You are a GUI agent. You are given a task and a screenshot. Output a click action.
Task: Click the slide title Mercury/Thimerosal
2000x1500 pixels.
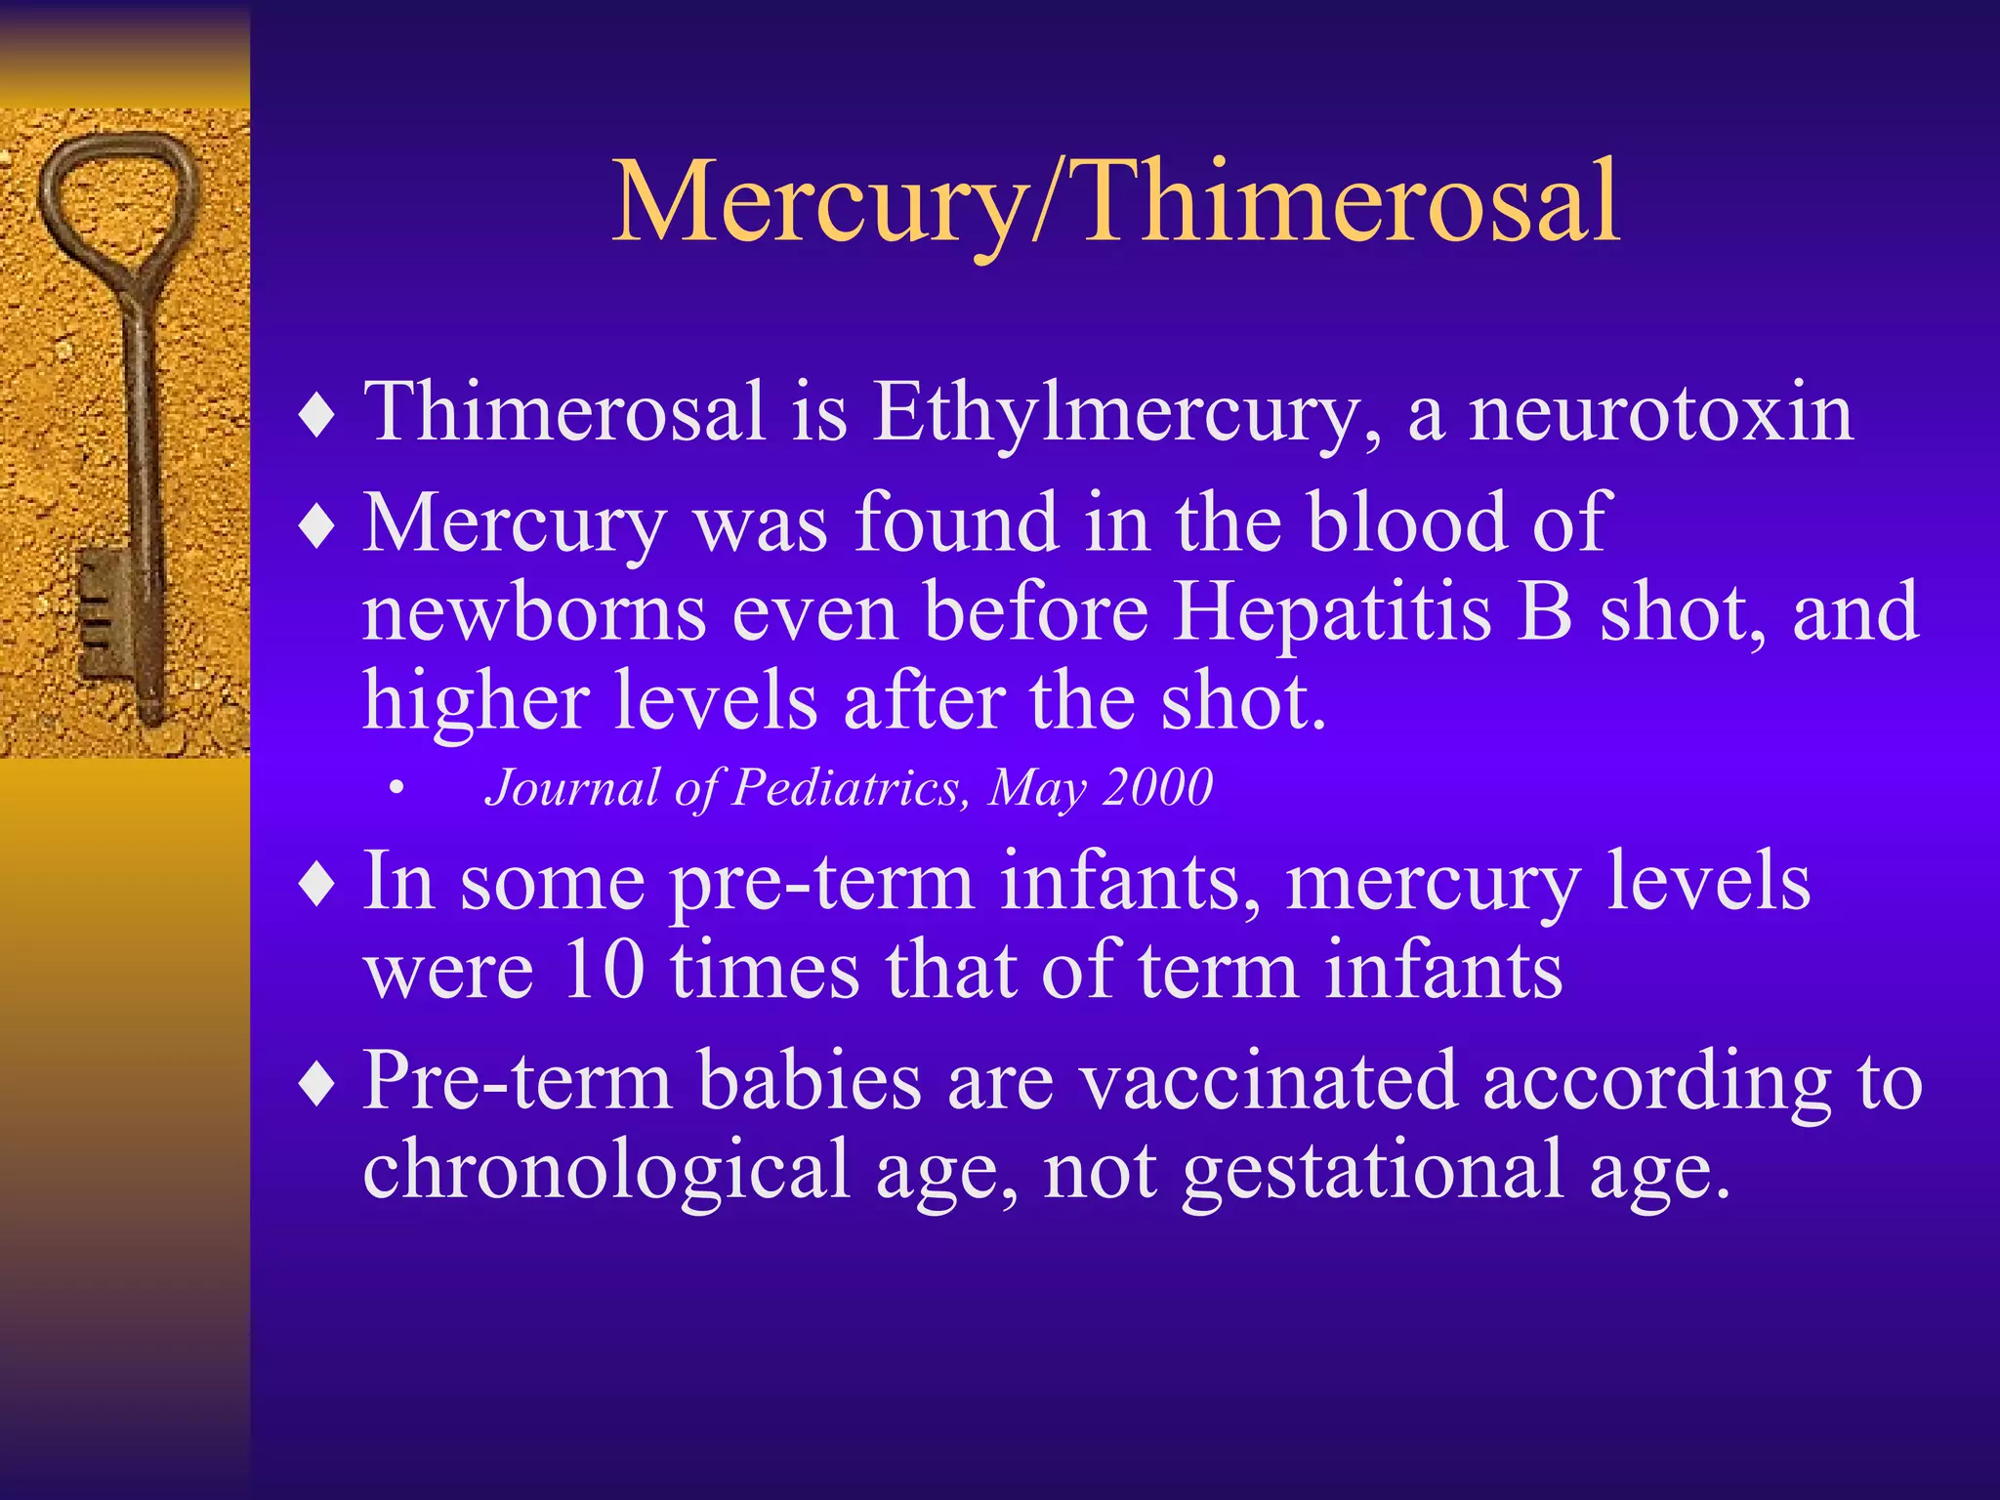[x=1115, y=203]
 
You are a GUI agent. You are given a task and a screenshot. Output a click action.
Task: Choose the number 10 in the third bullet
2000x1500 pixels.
[x=604, y=971]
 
